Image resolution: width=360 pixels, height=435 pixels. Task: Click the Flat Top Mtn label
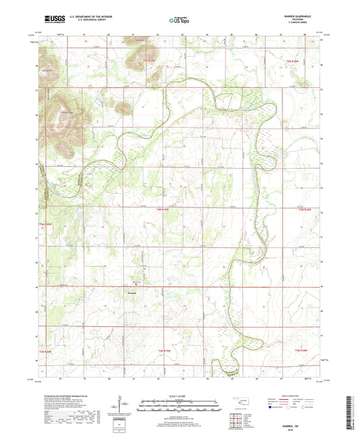click(x=48, y=69)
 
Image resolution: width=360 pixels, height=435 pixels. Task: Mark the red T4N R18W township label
click(x=305, y=209)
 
